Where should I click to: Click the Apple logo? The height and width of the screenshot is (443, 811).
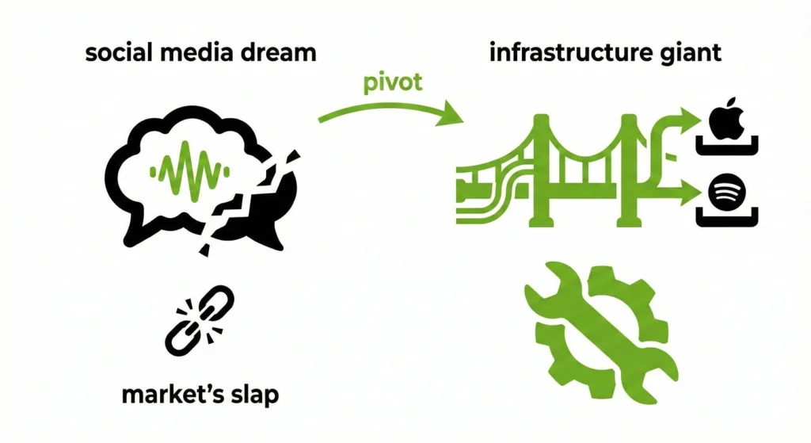pyautogui.click(x=725, y=121)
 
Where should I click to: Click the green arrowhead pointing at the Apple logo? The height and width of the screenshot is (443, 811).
pyautogui.click(x=691, y=121)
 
